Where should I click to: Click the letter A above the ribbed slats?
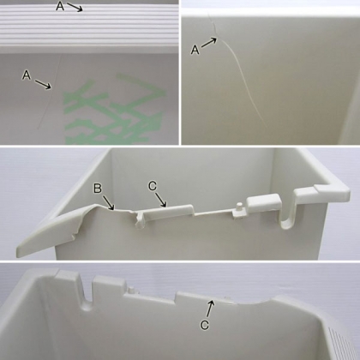tap(60, 6)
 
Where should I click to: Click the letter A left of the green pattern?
tap(27, 75)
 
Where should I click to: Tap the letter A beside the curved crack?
tap(195, 51)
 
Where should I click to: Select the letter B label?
tap(98, 189)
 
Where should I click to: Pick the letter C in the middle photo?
tap(153, 186)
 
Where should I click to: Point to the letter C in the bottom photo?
tap(205, 325)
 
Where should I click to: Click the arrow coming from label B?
tap(109, 203)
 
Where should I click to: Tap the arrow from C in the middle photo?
tap(161, 200)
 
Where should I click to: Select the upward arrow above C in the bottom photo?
tap(211, 309)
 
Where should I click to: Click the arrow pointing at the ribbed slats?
tap(75, 7)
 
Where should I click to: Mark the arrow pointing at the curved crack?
tap(209, 43)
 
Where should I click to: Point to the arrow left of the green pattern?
tap(43, 85)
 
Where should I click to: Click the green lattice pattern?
tap(114, 110)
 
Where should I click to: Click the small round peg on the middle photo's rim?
tap(239, 207)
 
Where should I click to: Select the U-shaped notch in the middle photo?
tap(287, 217)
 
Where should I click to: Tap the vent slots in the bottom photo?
tap(341, 343)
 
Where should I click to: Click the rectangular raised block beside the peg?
tap(264, 202)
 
